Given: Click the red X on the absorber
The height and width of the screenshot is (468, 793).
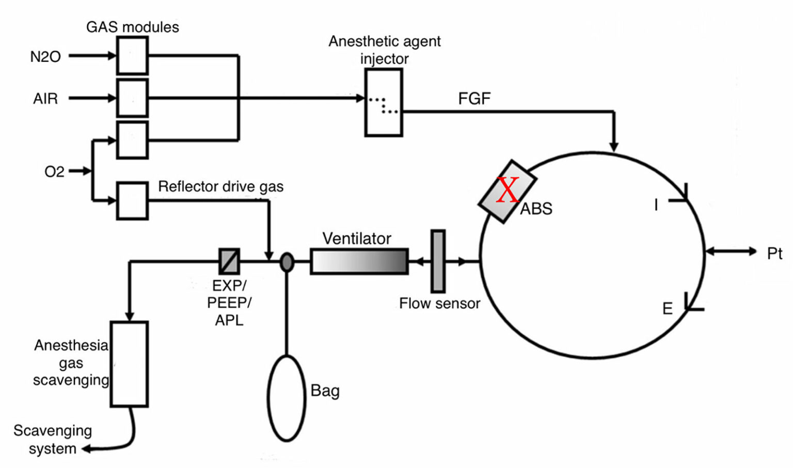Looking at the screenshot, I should click(507, 190).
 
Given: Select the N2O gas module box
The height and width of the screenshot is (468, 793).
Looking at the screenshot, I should click(132, 55).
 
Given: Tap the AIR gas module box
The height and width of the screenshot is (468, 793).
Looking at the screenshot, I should click(132, 98).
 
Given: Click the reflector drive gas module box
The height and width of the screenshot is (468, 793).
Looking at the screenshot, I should click(132, 200).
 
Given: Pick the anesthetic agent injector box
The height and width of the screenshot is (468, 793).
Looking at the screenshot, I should click(384, 102).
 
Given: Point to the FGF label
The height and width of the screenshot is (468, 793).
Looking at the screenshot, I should click(474, 99).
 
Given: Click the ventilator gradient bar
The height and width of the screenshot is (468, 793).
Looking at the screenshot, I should click(359, 261).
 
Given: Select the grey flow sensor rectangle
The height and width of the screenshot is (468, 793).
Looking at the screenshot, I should click(438, 261).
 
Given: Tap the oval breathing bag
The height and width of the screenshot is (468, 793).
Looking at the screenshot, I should click(287, 398).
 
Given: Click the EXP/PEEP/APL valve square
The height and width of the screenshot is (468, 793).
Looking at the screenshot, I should click(229, 261).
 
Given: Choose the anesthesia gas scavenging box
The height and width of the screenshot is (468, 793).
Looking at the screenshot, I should click(129, 364).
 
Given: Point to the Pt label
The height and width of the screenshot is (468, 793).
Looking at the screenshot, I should click(774, 253).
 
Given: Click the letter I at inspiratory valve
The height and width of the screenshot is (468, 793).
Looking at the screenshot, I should click(656, 205).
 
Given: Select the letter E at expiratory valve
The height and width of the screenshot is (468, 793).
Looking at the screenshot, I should click(667, 309).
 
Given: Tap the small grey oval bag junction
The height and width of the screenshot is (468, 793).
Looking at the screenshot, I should click(287, 262).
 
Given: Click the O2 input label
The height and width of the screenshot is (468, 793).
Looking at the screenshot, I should click(54, 171).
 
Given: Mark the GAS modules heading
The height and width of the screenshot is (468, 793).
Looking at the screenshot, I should click(132, 27).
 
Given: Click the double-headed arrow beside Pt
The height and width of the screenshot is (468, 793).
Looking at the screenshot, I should click(731, 252).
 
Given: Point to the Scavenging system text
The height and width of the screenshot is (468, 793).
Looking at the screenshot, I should click(53, 439).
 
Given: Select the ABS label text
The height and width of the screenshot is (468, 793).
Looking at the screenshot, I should click(536, 209).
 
